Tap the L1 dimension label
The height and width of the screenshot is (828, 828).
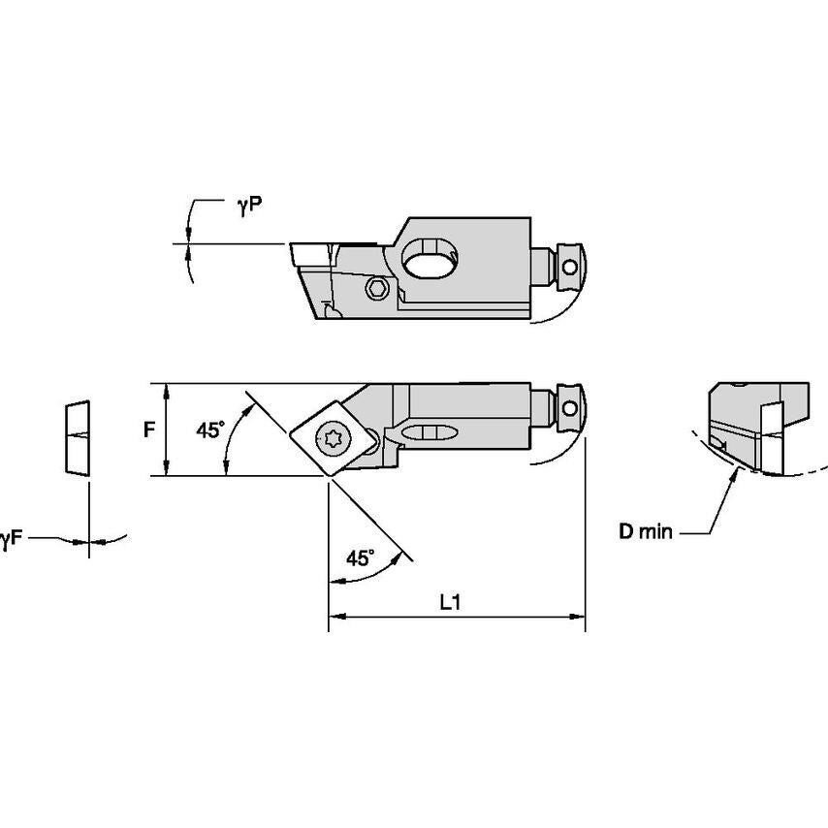click(449, 603)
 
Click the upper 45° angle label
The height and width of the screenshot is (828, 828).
click(208, 430)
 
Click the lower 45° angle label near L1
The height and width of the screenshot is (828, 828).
click(360, 557)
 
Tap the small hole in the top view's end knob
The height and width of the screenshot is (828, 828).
click(572, 408)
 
